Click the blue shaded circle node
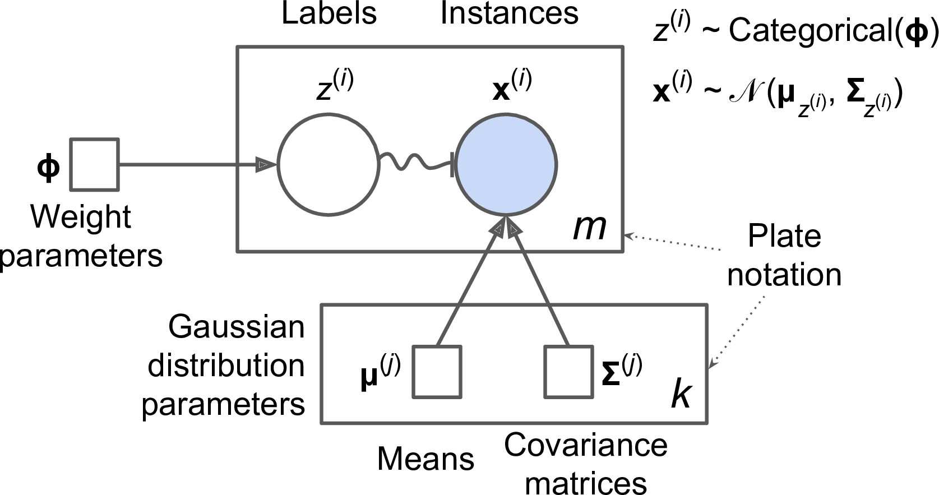pyautogui.click(x=506, y=165)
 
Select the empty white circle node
pyautogui.click(x=329, y=165)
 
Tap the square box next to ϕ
pyautogui.click(x=94, y=165)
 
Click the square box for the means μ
pyautogui.click(x=437, y=372)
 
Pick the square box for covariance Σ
pyautogui.click(x=568, y=372)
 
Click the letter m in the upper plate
pyautogui.click(x=589, y=228)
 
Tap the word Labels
pyautogui.click(x=329, y=13)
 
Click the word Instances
pyautogui.click(x=509, y=13)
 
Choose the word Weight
pyautogui.click(x=81, y=217)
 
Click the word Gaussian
pyautogui.click(x=236, y=327)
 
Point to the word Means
pyautogui.click(x=425, y=459)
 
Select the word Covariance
pyautogui.click(x=585, y=446)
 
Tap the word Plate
pyautogui.click(x=784, y=236)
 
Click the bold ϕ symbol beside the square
pyautogui.click(x=48, y=166)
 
